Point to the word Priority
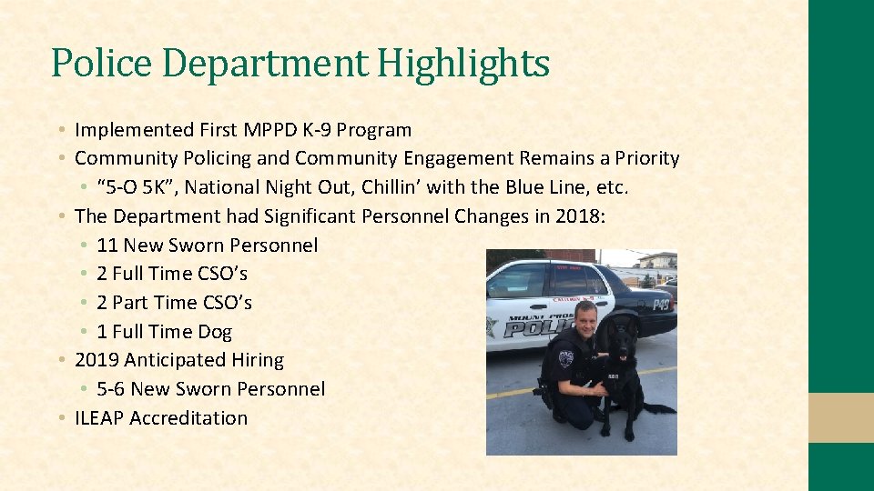tap(646, 158)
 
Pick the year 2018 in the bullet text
tap(580, 216)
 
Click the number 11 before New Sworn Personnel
tap(107, 245)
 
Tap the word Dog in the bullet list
tap(215, 332)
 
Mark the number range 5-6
tap(110, 389)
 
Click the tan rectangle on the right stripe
tap(841, 417)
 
